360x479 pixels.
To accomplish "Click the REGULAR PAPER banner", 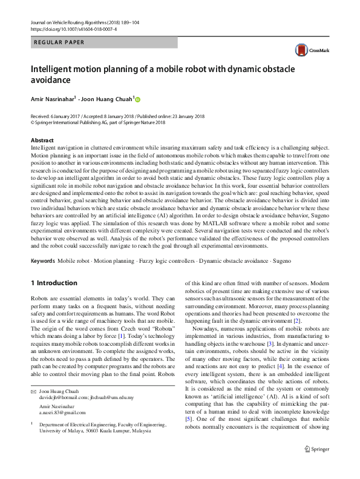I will [x=59, y=42].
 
